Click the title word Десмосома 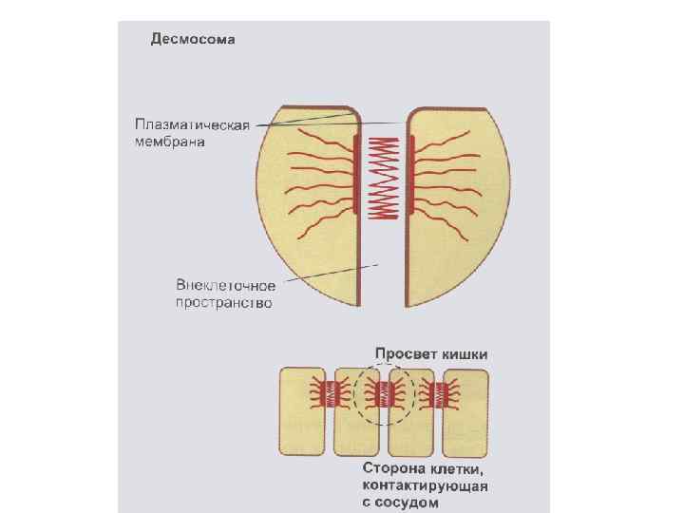coord(192,40)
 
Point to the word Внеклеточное coord(226,286)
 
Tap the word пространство coord(224,303)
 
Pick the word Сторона coord(395,468)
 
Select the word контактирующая coord(425,485)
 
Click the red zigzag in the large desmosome coord(384,175)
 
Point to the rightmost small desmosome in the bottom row coord(440,392)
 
